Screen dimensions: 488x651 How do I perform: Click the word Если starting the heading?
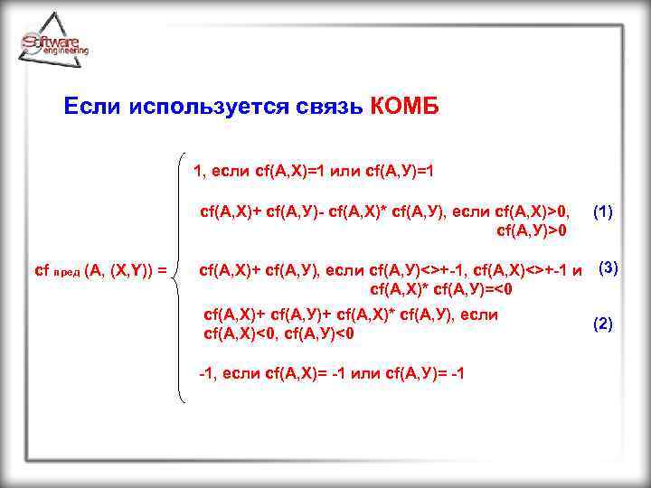pos(93,108)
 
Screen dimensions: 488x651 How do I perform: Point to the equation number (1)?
pos(603,211)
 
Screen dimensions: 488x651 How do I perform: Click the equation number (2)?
pos(603,324)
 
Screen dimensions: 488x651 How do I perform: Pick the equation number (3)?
pos(609,267)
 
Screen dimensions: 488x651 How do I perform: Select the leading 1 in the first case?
pos(198,171)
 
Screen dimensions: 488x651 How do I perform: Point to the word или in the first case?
pos(355,171)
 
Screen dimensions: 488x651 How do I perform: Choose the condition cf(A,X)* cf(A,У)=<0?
pos(442,289)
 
